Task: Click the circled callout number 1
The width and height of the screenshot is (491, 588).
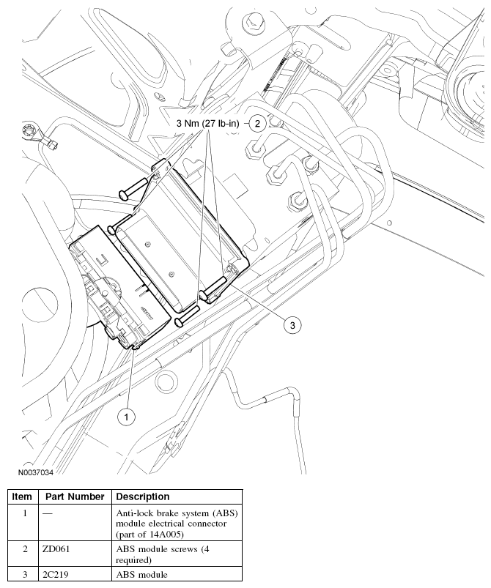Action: click(126, 416)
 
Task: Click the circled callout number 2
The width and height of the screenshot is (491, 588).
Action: click(256, 123)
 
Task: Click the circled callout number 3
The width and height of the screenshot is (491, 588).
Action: click(292, 326)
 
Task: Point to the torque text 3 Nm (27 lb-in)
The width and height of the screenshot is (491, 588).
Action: click(210, 124)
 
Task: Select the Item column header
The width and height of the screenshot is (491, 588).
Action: click(22, 496)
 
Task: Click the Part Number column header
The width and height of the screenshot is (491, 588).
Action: click(73, 496)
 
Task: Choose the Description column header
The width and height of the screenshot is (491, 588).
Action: click(143, 496)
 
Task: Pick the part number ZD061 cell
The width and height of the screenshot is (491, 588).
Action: click(56, 548)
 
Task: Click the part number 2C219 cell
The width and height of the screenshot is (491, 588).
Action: click(56, 575)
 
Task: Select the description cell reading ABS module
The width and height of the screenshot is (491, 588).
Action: click(141, 575)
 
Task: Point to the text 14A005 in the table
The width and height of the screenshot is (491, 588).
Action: click(168, 534)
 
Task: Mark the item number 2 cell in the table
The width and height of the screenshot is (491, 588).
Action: click(23, 548)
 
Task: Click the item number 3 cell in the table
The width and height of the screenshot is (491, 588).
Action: click(23, 575)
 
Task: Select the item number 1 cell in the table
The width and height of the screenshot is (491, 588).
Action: click(23, 514)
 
